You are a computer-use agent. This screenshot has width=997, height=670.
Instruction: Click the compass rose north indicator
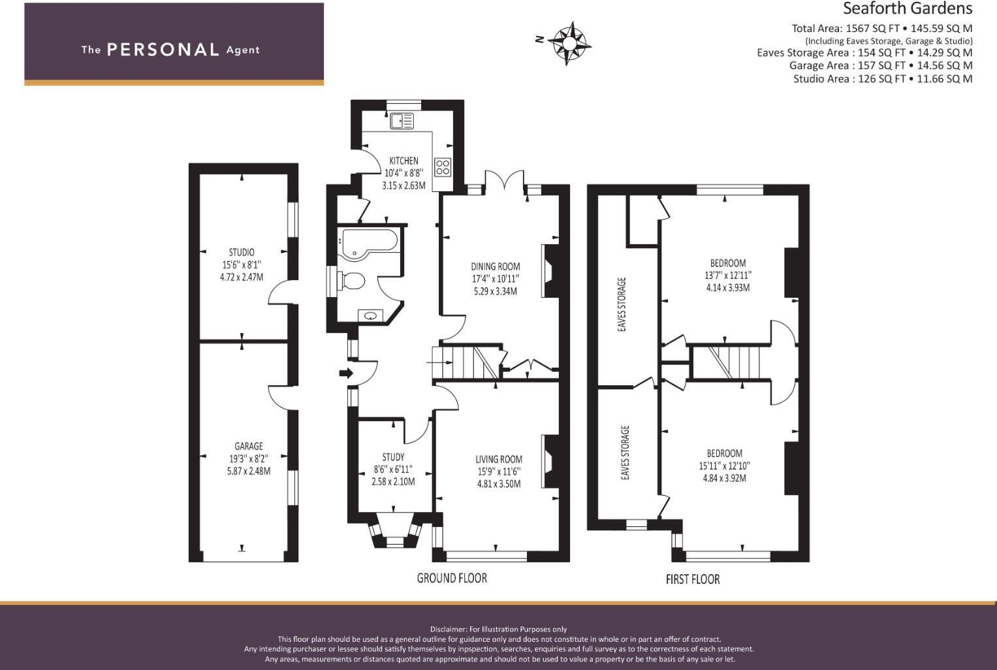(x=569, y=43)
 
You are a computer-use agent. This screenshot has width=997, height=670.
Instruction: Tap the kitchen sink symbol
(x=402, y=121)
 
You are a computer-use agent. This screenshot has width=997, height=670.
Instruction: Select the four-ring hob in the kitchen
(x=443, y=167)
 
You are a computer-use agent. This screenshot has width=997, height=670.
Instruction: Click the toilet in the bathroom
(x=351, y=281)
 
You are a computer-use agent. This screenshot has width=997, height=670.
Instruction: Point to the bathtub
(x=369, y=240)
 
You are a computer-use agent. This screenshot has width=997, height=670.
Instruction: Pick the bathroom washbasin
(x=371, y=316)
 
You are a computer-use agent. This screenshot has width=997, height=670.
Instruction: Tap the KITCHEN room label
(x=404, y=161)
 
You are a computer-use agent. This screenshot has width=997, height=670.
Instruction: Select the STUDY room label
(x=393, y=457)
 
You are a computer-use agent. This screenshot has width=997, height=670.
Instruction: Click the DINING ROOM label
(x=496, y=266)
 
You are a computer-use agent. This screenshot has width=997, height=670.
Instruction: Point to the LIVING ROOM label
(x=499, y=459)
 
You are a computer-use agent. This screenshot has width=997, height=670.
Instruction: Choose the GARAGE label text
(x=248, y=446)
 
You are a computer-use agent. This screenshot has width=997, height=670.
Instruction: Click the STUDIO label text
(x=242, y=252)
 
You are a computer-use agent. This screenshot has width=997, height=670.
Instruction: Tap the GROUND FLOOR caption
(x=452, y=578)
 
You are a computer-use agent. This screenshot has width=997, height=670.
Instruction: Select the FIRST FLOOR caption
(x=692, y=579)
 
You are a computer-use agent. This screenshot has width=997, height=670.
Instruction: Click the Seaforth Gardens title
(x=907, y=8)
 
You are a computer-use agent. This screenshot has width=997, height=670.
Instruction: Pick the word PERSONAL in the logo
(x=163, y=50)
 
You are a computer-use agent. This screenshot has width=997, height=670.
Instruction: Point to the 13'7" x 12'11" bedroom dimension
(x=728, y=276)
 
